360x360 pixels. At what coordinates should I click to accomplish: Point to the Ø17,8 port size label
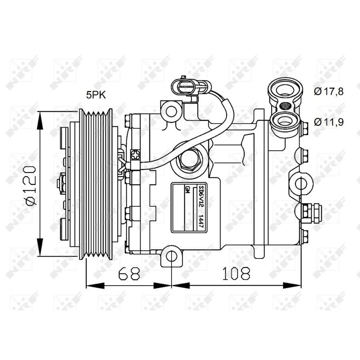(x=329, y=92)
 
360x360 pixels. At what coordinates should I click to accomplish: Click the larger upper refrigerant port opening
(x=284, y=90)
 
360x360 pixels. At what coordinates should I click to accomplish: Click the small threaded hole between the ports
(x=284, y=106)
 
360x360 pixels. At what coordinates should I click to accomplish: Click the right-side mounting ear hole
(x=300, y=184)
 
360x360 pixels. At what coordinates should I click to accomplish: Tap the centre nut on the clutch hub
(x=60, y=184)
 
